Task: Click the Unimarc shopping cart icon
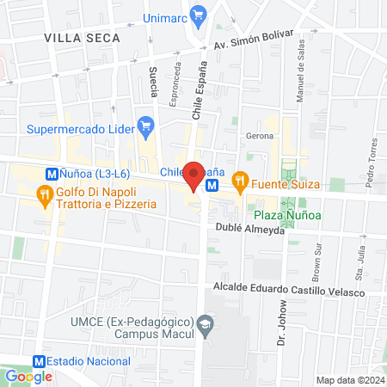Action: pos(200,15)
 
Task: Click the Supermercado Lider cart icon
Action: pos(146,126)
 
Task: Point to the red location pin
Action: pos(195,175)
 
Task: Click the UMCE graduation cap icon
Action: pos(204,324)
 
